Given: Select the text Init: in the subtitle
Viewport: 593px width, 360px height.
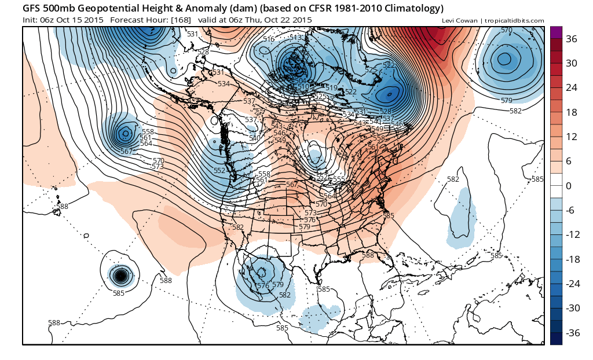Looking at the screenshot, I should (32, 20).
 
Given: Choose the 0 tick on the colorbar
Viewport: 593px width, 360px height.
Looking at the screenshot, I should (568, 186).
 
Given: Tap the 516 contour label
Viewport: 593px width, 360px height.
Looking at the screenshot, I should (269, 39).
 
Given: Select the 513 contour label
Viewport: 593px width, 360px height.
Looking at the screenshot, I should (296, 37).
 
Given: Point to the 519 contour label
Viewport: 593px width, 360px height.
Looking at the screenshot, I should (331, 87).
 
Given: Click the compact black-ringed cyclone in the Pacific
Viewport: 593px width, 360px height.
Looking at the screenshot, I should (120, 275).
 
